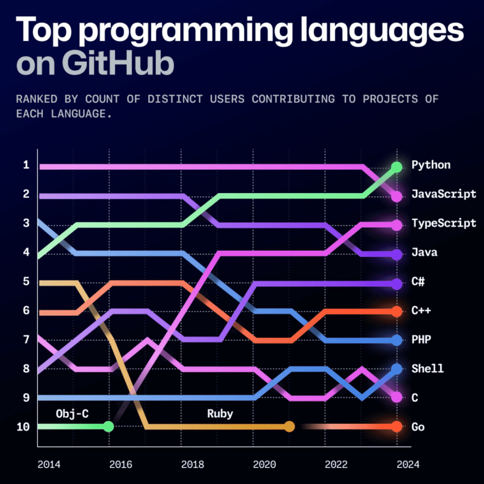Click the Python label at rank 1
point(431,165)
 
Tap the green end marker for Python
point(397,167)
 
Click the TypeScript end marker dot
point(397,225)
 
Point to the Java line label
point(424,252)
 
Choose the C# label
point(418,281)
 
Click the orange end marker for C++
point(397,311)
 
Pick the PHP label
point(421,340)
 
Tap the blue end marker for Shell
point(397,369)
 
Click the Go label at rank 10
point(418,427)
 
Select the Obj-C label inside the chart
point(72,414)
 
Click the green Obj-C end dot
point(108,426)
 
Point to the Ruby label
point(220,414)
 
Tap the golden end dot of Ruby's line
point(289,426)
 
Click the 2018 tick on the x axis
point(192,465)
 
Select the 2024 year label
point(408,465)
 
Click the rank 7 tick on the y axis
point(26,340)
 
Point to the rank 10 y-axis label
point(23,427)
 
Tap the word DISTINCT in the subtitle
point(175,99)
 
